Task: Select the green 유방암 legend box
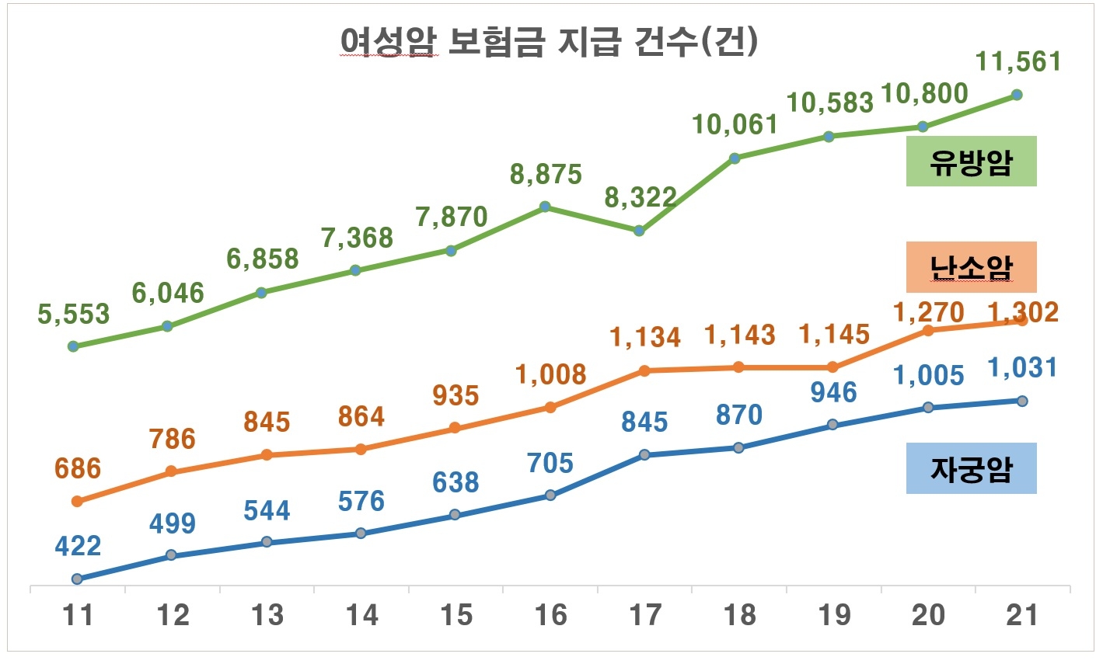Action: pyautogui.click(x=971, y=162)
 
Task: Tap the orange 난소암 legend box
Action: pyautogui.click(x=971, y=267)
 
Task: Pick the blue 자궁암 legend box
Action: pyautogui.click(x=971, y=468)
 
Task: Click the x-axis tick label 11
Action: pyautogui.click(x=77, y=615)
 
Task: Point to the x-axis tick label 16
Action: pyautogui.click(x=550, y=615)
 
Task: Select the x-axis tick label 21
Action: pyautogui.click(x=1021, y=615)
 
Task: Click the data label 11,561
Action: pyautogui.click(x=1018, y=61)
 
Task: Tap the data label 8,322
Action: pyautogui.click(x=641, y=198)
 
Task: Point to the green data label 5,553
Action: pyautogui.click(x=74, y=315)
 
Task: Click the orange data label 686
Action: pyautogui.click(x=78, y=468)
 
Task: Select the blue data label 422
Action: pyautogui.click(x=78, y=546)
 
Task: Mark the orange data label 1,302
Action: pyautogui.click(x=1022, y=312)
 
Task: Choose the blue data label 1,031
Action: pyautogui.click(x=1022, y=367)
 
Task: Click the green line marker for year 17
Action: pyautogui.click(x=640, y=231)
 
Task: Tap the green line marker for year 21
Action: pyautogui.click(x=1017, y=95)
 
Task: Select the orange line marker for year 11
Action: pyautogui.click(x=77, y=502)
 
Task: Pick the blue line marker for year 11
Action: pyautogui.click(x=77, y=579)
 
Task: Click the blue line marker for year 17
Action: pyautogui.click(x=644, y=455)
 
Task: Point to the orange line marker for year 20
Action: pyautogui.click(x=927, y=330)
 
